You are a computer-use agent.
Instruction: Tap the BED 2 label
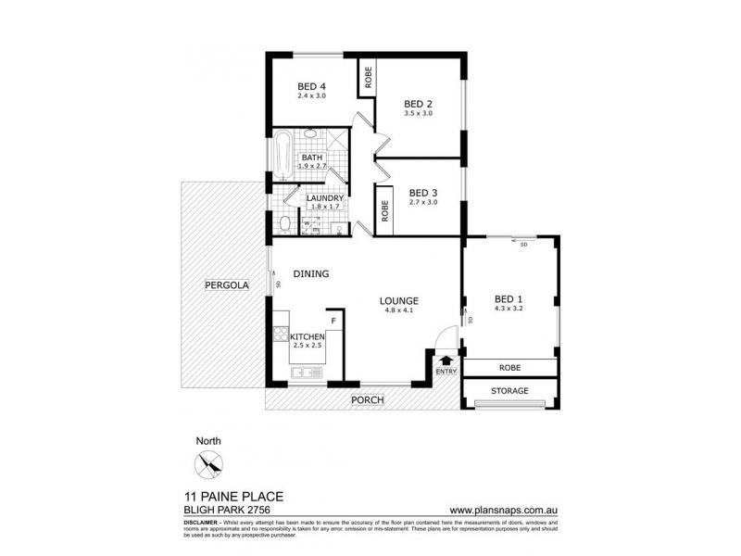[x=418, y=104]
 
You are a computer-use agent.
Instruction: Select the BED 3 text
[x=421, y=193]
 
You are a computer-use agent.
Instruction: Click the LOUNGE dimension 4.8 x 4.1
[x=399, y=311]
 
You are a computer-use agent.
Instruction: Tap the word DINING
[x=311, y=273]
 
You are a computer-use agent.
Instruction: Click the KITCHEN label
[x=307, y=336]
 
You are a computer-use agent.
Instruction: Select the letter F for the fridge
[x=334, y=322]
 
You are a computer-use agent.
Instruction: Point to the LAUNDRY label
[x=325, y=198]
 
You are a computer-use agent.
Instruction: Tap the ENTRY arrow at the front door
[x=445, y=359]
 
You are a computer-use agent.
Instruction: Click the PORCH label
[x=366, y=400]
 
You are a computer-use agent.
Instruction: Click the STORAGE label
[x=509, y=391]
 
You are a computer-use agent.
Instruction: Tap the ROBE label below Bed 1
[x=509, y=367]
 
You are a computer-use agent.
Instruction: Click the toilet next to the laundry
[x=283, y=223]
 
